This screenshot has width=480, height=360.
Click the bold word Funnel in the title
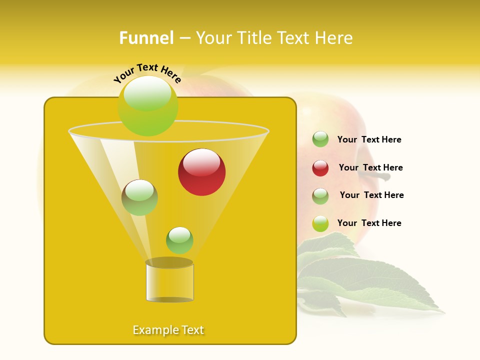[x=146, y=38]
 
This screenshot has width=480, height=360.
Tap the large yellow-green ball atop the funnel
[x=147, y=105]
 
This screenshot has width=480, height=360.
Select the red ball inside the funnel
[x=201, y=172]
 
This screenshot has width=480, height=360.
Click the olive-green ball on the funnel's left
[x=139, y=197]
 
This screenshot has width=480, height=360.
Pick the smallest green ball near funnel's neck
[x=179, y=240]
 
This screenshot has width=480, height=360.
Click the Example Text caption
[x=168, y=330]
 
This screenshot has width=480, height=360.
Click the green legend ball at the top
[x=320, y=139]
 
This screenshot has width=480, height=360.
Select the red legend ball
[x=320, y=168]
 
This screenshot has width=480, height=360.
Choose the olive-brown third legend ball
[x=320, y=196]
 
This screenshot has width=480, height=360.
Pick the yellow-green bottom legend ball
[x=320, y=223]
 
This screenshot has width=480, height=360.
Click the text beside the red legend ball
[x=370, y=167]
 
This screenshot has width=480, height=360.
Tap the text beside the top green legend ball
[x=369, y=139]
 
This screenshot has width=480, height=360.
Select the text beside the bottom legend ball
[x=369, y=223]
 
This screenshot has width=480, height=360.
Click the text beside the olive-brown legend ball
[x=371, y=195]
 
